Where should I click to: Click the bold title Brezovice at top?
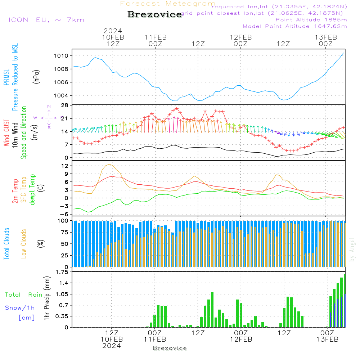coord(154,15)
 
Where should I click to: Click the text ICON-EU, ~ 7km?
coord(46,20)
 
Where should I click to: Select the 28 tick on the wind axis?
coord(65,105)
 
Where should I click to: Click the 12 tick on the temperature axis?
coord(65,166)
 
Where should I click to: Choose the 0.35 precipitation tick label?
coord(62,316)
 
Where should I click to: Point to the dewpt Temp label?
coord(32,190)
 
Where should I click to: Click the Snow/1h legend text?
coord(20,308)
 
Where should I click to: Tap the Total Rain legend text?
coord(23,295)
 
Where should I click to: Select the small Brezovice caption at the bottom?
coord(170,348)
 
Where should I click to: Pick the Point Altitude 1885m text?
coord(311,20)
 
